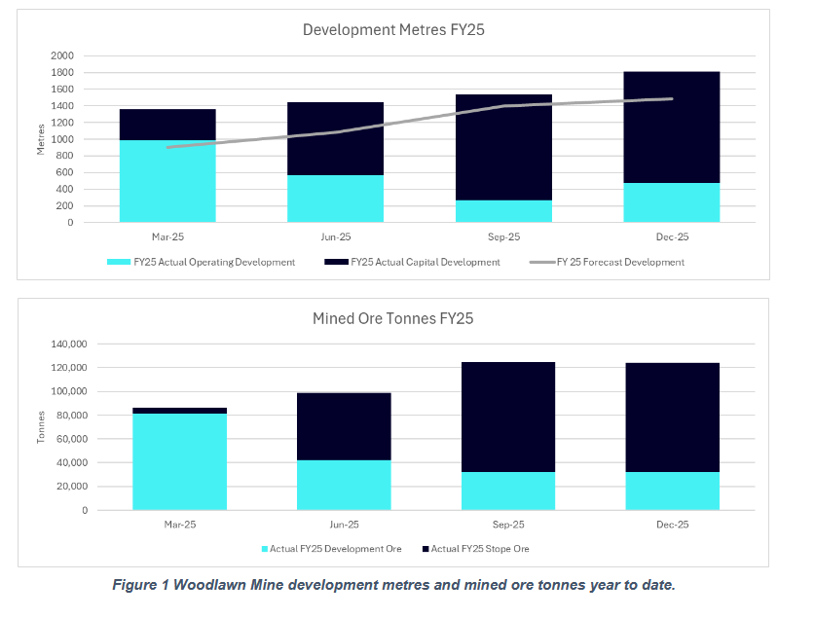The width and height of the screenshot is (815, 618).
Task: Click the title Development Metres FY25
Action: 393,30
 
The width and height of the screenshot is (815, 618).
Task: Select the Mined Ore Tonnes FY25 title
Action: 394,318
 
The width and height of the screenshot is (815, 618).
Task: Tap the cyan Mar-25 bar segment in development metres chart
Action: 167,182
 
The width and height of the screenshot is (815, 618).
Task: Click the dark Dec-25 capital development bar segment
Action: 672,127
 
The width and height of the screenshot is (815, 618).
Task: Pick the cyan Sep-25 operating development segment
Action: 503,211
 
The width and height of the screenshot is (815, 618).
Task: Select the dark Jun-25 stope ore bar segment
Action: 344,426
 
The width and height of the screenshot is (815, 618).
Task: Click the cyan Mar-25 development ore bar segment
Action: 180,461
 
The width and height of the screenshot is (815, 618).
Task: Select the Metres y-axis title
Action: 42,138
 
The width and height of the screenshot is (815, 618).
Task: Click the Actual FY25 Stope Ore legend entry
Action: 478,550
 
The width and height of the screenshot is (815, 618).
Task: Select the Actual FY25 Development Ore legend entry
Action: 335,550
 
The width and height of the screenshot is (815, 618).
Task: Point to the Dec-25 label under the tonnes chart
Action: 672,524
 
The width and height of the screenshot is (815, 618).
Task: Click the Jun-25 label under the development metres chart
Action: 336,236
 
